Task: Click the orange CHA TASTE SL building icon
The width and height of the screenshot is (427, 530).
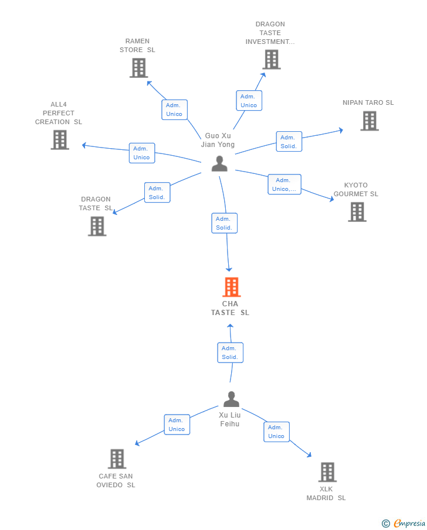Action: tap(232, 287)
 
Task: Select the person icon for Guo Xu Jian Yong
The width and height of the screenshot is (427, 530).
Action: tap(219, 163)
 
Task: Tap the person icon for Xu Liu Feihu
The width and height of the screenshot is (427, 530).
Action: tap(231, 399)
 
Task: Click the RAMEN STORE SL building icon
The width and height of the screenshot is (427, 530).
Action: tap(139, 68)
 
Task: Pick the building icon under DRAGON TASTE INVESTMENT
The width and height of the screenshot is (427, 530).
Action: tap(272, 60)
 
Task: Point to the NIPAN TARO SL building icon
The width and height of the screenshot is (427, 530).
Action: tap(370, 121)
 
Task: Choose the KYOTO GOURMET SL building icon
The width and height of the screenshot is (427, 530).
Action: tap(357, 212)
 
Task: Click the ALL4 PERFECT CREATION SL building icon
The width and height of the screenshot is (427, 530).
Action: tap(60, 139)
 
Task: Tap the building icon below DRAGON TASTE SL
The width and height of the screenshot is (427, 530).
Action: tap(97, 226)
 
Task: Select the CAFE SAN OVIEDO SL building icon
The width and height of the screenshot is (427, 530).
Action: tap(117, 459)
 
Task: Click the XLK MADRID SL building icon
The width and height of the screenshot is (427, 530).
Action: tap(327, 472)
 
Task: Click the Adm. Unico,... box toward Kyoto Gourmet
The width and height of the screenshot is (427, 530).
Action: tap(284, 184)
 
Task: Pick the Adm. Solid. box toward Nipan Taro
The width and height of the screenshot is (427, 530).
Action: tap(289, 142)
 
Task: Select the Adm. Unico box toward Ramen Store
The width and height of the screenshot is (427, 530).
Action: tap(174, 110)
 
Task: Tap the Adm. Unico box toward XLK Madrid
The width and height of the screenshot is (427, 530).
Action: tap(277, 432)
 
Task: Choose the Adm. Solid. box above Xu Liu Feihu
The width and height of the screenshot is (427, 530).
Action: tap(231, 353)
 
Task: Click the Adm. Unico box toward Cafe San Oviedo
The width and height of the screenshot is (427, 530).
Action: tap(177, 425)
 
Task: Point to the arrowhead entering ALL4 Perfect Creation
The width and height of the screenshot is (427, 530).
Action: tap(84, 145)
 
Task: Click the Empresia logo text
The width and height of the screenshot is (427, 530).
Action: tap(409, 523)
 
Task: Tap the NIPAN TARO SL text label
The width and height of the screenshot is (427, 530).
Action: tap(368, 102)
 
